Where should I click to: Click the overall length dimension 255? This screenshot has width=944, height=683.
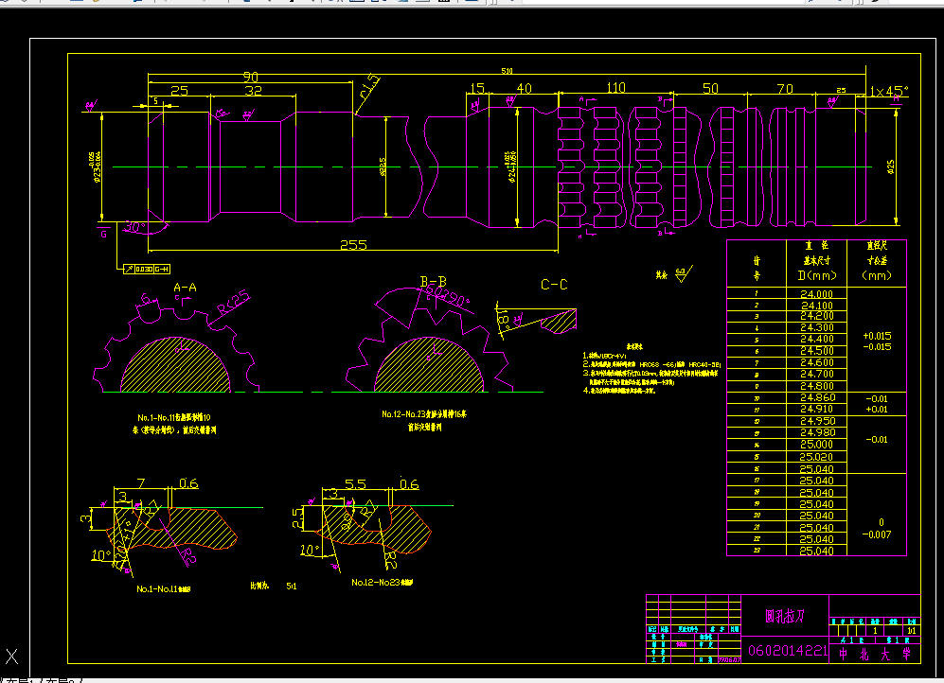[353, 245]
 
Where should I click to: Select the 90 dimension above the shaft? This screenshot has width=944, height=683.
[251, 77]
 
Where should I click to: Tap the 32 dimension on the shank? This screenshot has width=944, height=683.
[253, 91]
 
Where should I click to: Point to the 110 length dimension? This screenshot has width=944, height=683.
[615, 88]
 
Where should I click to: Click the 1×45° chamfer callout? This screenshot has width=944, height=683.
[888, 92]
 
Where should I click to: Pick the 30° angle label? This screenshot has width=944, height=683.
[134, 227]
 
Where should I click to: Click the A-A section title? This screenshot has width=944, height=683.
[185, 287]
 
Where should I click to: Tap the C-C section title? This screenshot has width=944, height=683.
[554, 285]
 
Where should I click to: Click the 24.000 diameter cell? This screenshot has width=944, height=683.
[817, 294]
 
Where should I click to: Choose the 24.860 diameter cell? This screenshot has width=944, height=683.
[817, 398]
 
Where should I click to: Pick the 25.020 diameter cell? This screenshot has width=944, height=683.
[817, 457]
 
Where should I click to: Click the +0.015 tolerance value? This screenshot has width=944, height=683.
[877, 336]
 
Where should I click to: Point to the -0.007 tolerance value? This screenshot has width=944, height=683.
[877, 534]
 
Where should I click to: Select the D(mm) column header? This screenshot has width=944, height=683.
[817, 275]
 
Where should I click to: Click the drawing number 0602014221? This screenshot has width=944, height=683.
[787, 651]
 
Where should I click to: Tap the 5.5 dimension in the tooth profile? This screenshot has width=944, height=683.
[355, 484]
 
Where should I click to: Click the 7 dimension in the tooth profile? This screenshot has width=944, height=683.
[140, 484]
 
